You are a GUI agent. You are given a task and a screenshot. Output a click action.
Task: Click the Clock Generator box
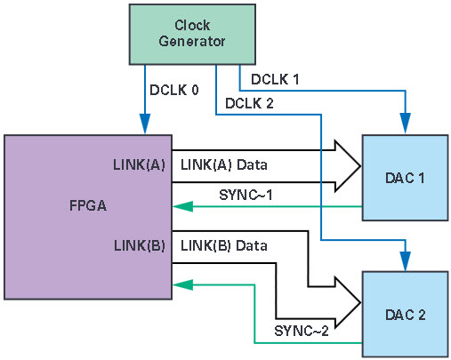192,34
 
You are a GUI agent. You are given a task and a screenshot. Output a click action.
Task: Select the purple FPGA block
88,217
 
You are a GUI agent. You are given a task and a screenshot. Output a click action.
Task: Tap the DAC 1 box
405,178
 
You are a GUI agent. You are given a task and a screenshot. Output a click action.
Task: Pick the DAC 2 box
405,314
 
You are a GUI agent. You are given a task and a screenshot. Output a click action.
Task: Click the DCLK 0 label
174,90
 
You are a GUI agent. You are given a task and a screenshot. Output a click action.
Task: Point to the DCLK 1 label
275,79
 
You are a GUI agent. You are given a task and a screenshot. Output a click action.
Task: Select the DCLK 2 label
249,103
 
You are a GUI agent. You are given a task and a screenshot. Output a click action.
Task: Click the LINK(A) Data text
224,164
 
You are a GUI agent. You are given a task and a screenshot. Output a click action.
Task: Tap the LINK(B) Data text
224,245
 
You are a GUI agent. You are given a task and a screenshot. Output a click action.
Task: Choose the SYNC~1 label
246,195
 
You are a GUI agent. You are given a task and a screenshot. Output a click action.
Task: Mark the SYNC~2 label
302,331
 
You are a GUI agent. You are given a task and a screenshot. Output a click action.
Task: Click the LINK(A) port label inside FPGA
139,164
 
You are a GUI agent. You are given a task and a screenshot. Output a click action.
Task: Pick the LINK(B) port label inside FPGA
140,245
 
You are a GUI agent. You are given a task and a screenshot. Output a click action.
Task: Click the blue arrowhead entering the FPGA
145,124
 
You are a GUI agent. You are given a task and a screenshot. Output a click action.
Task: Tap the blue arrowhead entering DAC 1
406,124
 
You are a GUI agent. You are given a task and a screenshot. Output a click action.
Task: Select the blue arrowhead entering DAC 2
406,261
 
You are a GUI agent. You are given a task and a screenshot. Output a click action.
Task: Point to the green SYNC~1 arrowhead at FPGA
183,206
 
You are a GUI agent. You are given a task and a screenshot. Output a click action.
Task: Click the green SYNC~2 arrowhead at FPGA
183,284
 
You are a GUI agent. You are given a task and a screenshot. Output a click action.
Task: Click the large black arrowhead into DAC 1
348,166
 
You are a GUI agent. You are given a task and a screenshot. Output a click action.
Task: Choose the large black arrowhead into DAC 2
348,302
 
